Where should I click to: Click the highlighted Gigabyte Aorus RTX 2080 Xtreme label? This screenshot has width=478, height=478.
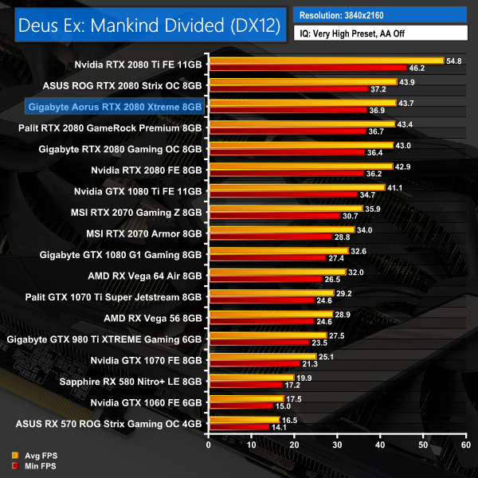116,105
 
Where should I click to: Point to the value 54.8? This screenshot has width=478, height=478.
455,61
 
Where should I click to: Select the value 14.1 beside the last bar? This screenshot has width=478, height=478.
280,427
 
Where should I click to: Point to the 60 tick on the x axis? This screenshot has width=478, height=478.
464,445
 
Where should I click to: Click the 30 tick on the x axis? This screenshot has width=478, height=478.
336,445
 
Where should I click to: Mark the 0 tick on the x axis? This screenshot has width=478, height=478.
208,445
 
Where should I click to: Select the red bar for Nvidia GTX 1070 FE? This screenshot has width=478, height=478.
253,362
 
